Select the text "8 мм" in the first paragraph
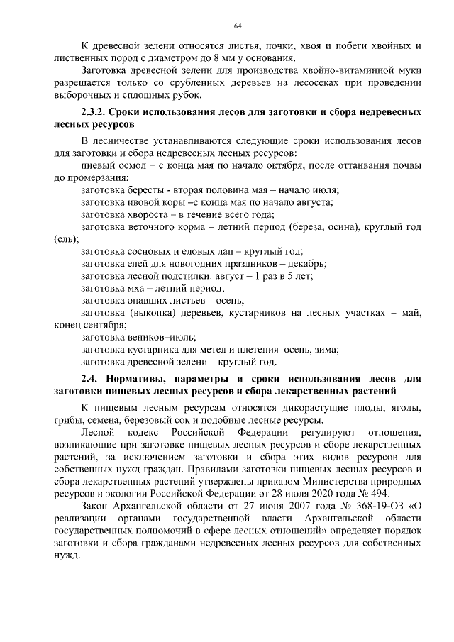click(214, 58)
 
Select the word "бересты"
click(147, 189)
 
